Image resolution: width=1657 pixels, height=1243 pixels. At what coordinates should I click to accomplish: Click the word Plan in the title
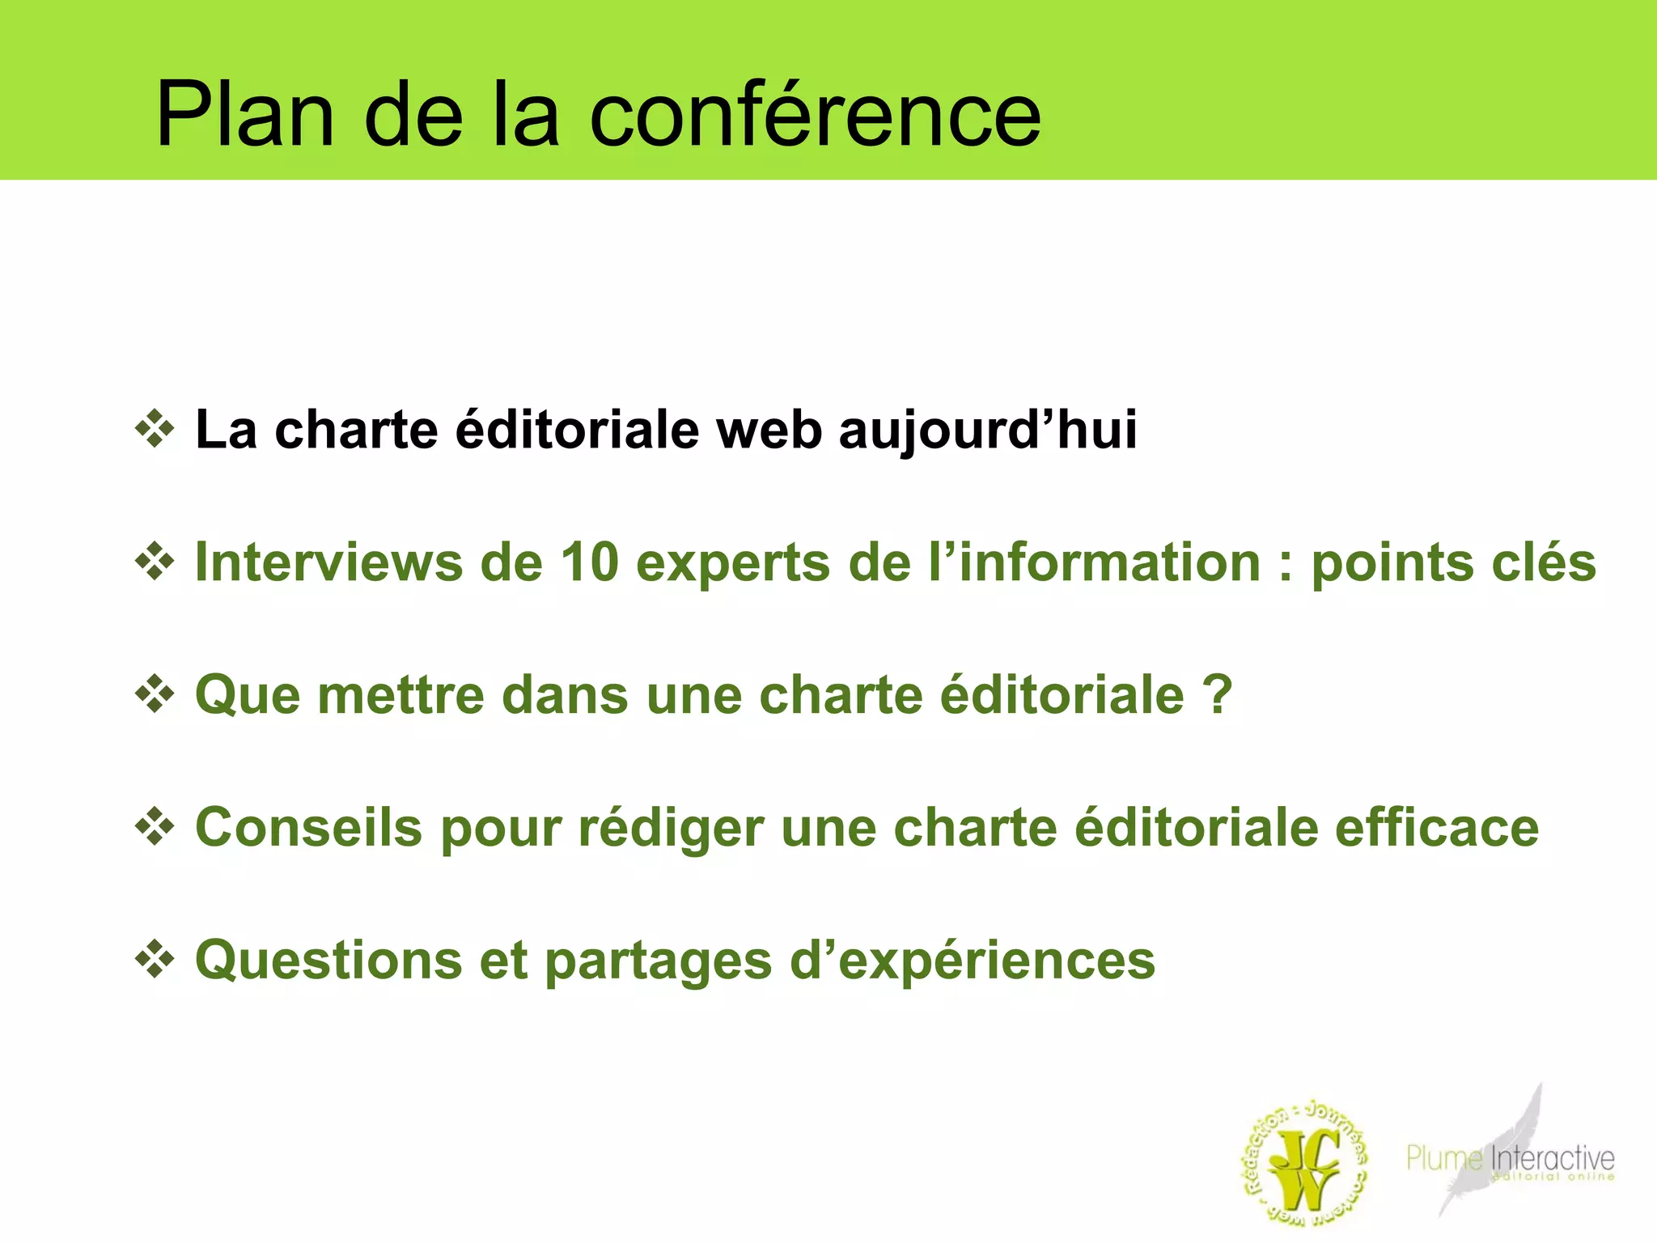pos(244,115)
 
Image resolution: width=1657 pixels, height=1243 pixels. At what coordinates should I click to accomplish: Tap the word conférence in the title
pos(815,115)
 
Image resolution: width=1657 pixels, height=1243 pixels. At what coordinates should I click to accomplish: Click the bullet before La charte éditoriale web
pos(155,429)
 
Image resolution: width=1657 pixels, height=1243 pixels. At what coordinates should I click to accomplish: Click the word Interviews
pos(328,562)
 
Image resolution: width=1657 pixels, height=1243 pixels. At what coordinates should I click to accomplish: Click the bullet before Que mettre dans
pos(155,694)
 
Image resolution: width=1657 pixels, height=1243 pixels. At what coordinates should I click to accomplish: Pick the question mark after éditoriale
pos(1217,694)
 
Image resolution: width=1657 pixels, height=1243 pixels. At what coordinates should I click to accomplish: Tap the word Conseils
pos(309,827)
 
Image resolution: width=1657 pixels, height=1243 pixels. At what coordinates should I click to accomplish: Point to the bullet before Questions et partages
pos(155,960)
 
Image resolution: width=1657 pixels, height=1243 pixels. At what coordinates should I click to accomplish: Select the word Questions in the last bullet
pos(328,961)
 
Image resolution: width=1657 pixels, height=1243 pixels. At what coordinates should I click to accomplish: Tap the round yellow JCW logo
pos(1304,1164)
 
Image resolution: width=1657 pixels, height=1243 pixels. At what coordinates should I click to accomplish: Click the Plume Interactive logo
pos(1510,1157)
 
